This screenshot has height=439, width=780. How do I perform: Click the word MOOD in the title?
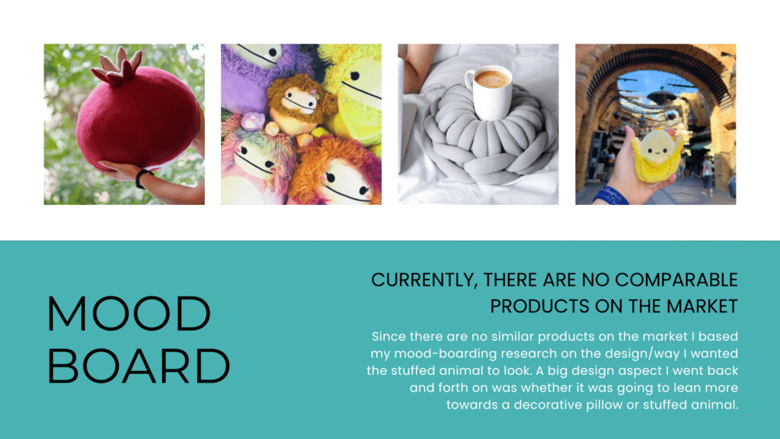click(129, 313)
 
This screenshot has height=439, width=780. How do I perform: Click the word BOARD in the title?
click(139, 366)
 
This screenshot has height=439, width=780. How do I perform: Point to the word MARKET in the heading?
click(702, 306)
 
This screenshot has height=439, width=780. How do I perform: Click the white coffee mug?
click(490, 92)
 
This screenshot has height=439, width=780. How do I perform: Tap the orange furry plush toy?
click(334, 171)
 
